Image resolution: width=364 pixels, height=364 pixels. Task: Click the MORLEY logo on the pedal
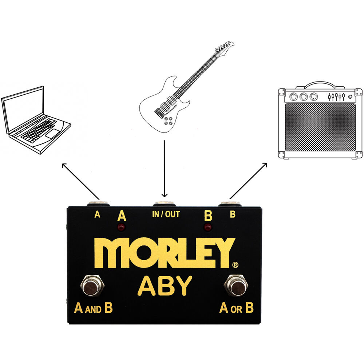[165, 253]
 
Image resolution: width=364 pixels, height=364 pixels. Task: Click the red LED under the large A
[121, 227]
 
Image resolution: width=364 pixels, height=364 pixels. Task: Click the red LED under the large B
[208, 227]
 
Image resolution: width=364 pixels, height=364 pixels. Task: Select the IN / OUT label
[166, 214]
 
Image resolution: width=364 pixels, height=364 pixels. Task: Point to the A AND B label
[93, 308]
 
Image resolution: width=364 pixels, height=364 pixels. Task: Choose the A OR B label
[236, 308]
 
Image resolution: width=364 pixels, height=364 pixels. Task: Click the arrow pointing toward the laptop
[81, 181]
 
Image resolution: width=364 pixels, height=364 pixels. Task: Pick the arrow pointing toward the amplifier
[248, 181]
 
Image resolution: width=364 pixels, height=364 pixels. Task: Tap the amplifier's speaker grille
[320, 127]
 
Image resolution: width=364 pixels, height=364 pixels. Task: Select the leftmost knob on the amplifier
[293, 96]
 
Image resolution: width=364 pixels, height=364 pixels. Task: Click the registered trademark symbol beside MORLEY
[235, 265]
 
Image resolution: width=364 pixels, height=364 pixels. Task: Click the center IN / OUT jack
[164, 203]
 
